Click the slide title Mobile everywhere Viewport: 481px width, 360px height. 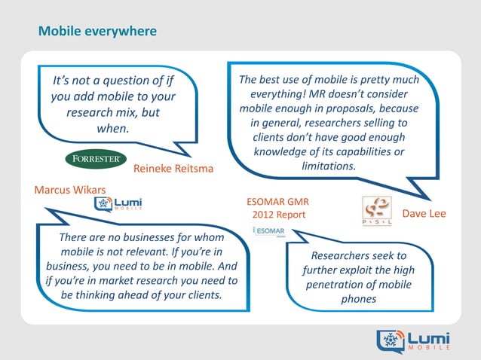97,32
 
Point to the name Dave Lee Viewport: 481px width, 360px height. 425,214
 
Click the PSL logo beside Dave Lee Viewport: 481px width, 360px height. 377,211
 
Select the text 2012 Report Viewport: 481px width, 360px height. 278,215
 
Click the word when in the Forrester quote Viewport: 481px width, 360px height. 113,128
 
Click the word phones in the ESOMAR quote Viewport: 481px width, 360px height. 358,301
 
